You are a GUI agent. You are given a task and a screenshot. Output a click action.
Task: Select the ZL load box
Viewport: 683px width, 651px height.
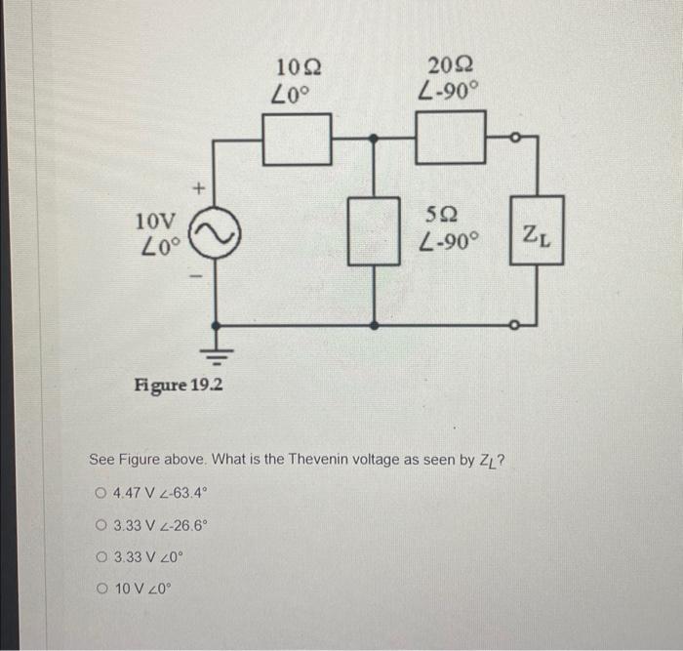[537, 235]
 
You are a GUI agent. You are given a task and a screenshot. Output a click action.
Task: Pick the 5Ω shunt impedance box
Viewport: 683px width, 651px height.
[376, 230]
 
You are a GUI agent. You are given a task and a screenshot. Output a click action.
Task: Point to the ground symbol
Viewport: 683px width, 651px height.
[215, 352]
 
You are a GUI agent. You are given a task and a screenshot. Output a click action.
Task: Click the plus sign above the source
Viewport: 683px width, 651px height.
[198, 184]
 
